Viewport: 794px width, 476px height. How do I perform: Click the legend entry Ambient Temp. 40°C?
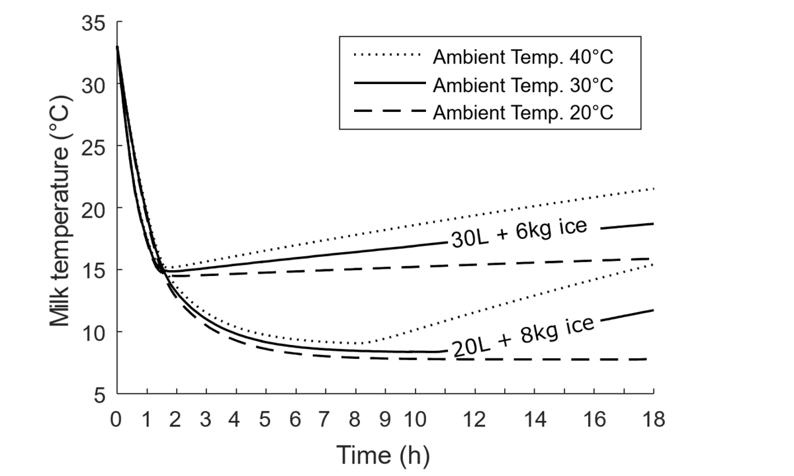point(523,57)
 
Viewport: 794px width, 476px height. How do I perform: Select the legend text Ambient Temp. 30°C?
point(523,85)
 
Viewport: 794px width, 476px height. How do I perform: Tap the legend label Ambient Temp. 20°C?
point(523,112)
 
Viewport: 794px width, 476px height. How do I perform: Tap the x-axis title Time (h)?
point(384,455)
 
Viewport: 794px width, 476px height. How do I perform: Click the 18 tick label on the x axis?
point(653,419)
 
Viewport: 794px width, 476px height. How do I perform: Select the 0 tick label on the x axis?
point(117,419)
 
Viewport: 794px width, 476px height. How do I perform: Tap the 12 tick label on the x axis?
point(475,419)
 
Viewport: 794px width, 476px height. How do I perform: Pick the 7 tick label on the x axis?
point(326,419)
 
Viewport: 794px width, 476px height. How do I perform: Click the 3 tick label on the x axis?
point(206,419)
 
